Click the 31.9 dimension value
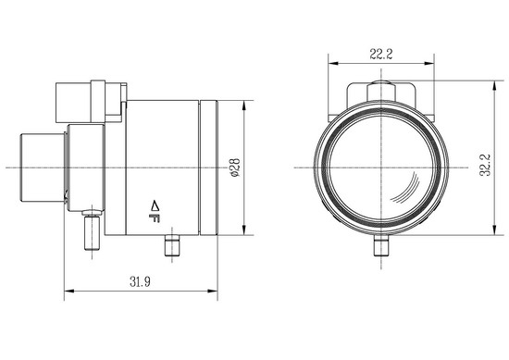click(141, 281)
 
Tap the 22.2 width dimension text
click(381, 54)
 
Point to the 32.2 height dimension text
click(485, 166)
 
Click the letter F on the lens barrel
click(155, 218)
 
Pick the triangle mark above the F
click(155, 205)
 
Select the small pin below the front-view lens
click(381, 245)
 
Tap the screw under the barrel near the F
click(172, 246)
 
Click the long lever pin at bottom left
click(92, 230)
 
